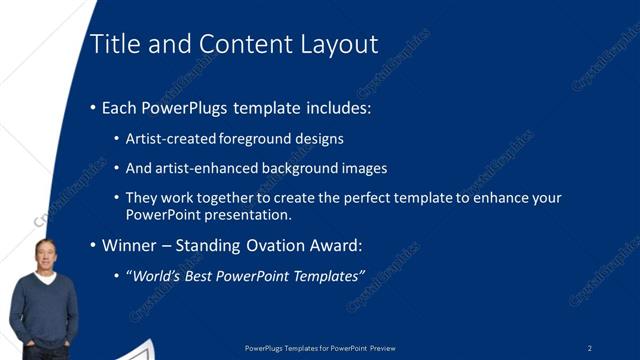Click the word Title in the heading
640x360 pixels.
pos(112,44)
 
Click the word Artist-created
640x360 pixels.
pos(169,139)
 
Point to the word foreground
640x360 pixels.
pos(258,139)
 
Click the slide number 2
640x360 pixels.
pos(590,348)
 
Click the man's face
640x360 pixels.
pos(44,255)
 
